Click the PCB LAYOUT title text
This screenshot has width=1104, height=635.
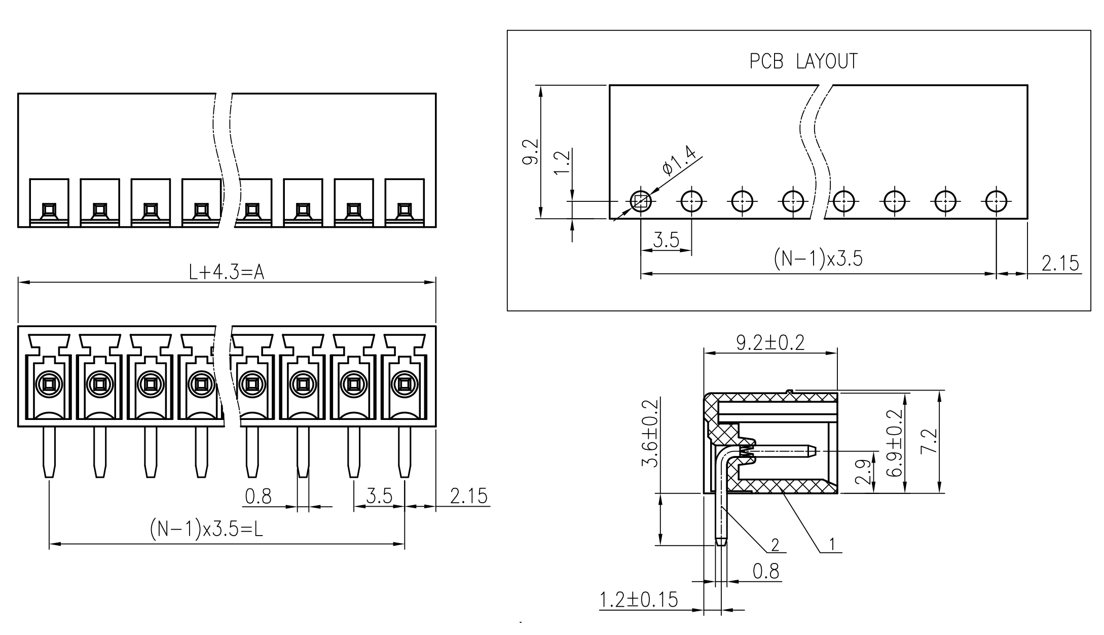point(804,61)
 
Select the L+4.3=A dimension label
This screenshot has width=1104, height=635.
point(227,273)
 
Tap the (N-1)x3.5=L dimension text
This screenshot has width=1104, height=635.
point(206,530)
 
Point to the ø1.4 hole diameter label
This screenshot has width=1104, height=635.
point(679,161)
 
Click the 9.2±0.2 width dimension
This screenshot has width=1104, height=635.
point(770,343)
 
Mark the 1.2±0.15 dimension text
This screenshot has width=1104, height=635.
point(639,599)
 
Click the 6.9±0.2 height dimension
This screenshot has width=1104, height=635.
point(895,443)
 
